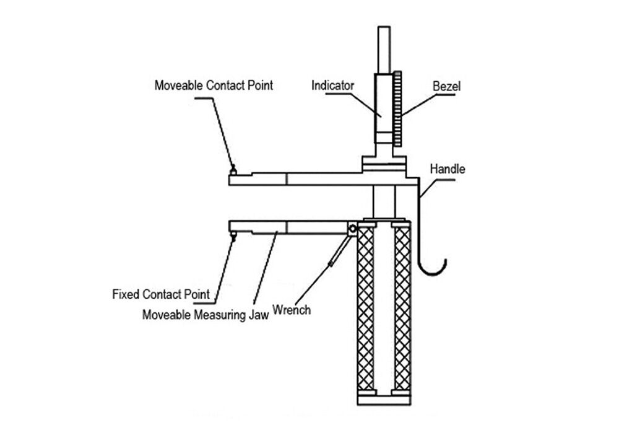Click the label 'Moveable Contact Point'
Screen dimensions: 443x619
pos(213,85)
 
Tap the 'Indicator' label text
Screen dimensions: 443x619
pos(332,85)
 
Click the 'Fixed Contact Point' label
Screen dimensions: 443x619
pos(160,293)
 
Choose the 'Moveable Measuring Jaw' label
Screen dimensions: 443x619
pos(205,314)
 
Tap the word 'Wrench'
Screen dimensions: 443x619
pos(292,309)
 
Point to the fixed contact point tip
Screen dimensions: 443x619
pos(233,235)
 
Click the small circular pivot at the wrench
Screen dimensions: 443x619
pos(352,229)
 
